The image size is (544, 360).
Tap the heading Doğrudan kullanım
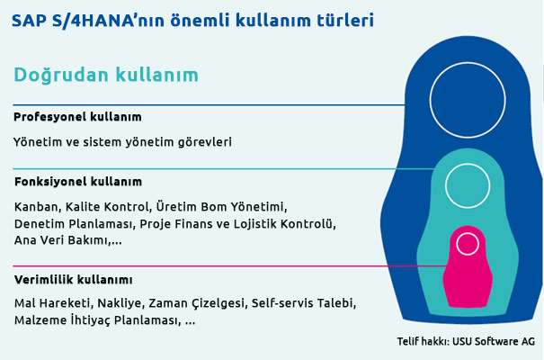pyautogui.click(x=106, y=76)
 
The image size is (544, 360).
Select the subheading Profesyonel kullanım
pyautogui.click(x=77, y=117)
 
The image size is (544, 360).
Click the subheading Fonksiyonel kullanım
pyautogui.click(x=78, y=181)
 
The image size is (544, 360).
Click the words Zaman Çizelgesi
pyautogui.click(x=198, y=302)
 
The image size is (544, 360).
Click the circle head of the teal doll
pyautogui.click(x=467, y=183)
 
